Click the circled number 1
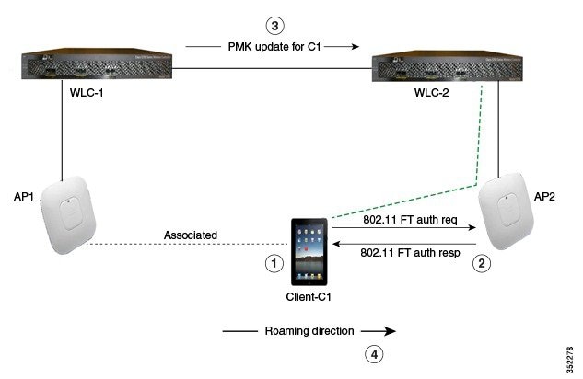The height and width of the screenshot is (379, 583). click(x=273, y=262)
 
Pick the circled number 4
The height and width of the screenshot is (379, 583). click(x=372, y=352)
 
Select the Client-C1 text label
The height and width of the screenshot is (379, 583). click(x=309, y=298)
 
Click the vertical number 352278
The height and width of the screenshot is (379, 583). click(x=573, y=350)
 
